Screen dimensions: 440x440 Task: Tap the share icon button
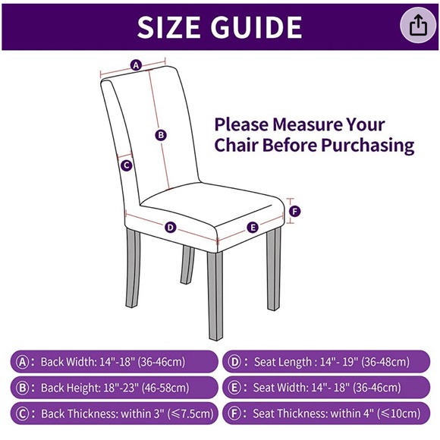(418, 25)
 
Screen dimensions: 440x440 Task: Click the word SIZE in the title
(168, 27)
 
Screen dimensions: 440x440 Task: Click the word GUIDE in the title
(256, 27)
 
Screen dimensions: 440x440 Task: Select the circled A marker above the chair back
(136, 65)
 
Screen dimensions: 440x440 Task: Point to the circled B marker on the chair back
(161, 135)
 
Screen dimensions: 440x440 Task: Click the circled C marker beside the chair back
(126, 165)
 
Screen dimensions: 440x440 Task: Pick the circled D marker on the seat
(171, 228)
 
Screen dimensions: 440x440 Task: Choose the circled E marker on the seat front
(253, 228)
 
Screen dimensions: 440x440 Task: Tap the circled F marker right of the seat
(294, 212)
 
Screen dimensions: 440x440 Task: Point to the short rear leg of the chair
(187, 265)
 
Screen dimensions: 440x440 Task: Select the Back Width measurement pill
(115, 362)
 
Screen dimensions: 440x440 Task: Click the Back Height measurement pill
(115, 388)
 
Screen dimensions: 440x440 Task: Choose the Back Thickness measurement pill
(115, 413)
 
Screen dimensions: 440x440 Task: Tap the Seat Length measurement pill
(326, 362)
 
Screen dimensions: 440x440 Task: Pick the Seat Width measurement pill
(326, 388)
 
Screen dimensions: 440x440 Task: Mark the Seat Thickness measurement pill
(326, 413)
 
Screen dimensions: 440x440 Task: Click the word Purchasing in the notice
(368, 146)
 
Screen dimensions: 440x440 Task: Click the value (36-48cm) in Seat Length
(385, 362)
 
